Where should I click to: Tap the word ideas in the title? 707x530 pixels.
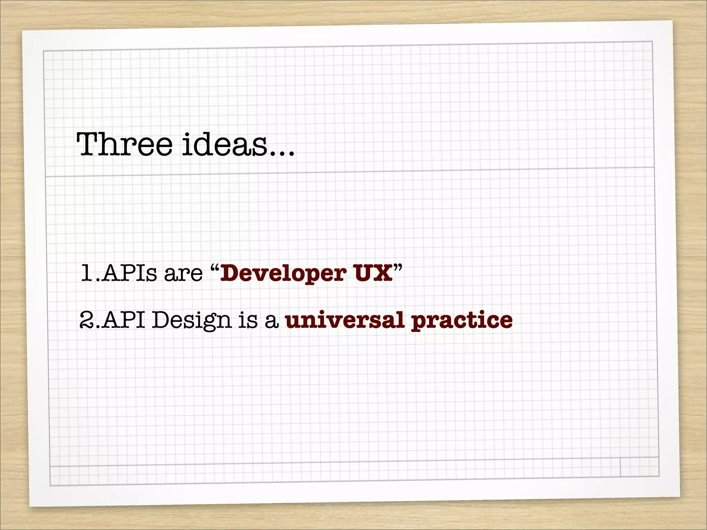224,144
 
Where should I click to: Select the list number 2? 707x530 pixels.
86,320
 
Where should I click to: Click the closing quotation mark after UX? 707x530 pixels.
398,267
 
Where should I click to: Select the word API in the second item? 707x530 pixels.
124,320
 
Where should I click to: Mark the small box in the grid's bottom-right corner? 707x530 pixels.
639,467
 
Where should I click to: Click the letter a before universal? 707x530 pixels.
272,322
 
